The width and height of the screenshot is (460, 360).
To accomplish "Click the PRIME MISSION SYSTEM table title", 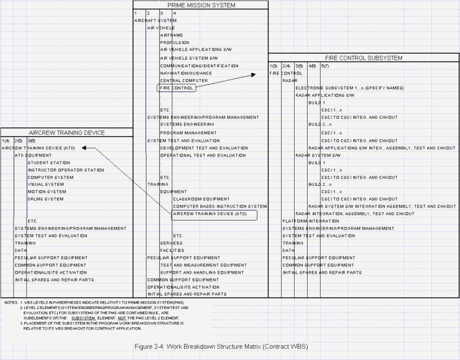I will tap(201, 5).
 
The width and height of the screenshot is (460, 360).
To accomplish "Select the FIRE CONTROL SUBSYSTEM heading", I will tap(364, 58).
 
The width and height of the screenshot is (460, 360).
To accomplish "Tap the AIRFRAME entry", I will tap(172, 35).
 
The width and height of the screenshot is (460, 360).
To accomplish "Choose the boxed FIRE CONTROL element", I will tap(177, 88).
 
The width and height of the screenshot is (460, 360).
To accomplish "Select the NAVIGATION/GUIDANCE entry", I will tap(186, 73).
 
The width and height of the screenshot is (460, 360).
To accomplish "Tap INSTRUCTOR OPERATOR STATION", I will tap(66, 170).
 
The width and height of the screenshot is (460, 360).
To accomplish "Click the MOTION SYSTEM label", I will tap(46, 192).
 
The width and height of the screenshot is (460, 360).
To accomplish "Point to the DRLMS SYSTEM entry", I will tap(45, 199).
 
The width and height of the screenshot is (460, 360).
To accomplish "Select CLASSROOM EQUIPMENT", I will tap(201, 199).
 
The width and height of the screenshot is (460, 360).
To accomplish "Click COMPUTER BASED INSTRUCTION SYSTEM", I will tap(219, 206).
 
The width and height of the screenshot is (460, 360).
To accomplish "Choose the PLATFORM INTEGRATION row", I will tap(311, 221).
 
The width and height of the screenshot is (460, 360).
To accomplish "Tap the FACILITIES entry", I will tap(173, 250).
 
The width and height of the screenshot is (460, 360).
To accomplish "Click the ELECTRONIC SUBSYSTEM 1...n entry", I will tap(349, 88).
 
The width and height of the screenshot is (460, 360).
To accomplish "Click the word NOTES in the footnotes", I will tap(11, 303).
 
